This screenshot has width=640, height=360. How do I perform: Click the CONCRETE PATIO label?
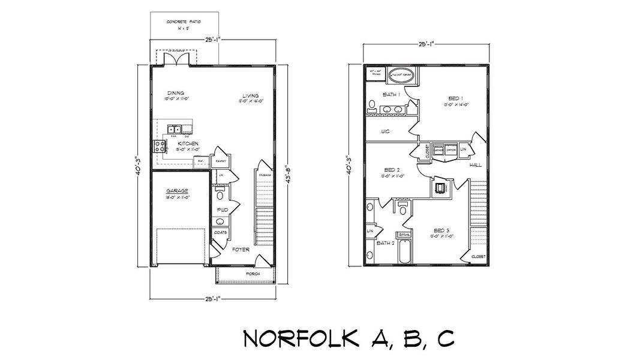pos(184,22)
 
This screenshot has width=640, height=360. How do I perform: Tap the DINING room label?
pos(175,93)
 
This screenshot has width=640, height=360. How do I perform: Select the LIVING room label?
pos(250,96)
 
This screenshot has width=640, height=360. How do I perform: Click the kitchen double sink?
pos(175,129)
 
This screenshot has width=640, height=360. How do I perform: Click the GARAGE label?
pos(177,191)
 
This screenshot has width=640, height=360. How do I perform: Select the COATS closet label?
pos(220,232)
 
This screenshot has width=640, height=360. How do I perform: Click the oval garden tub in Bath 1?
pos(401,76)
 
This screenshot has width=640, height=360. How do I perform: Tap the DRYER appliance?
pos(460,149)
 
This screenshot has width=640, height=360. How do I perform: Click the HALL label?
pos(475,164)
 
